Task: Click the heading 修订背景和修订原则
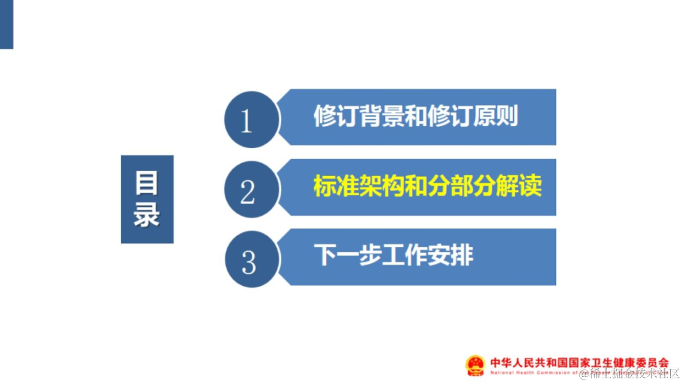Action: (x=415, y=116)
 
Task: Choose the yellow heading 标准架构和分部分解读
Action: (x=427, y=187)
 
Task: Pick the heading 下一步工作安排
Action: (x=393, y=256)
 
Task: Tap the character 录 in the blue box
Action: (x=147, y=214)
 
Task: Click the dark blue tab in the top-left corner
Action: (x=6, y=24)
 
